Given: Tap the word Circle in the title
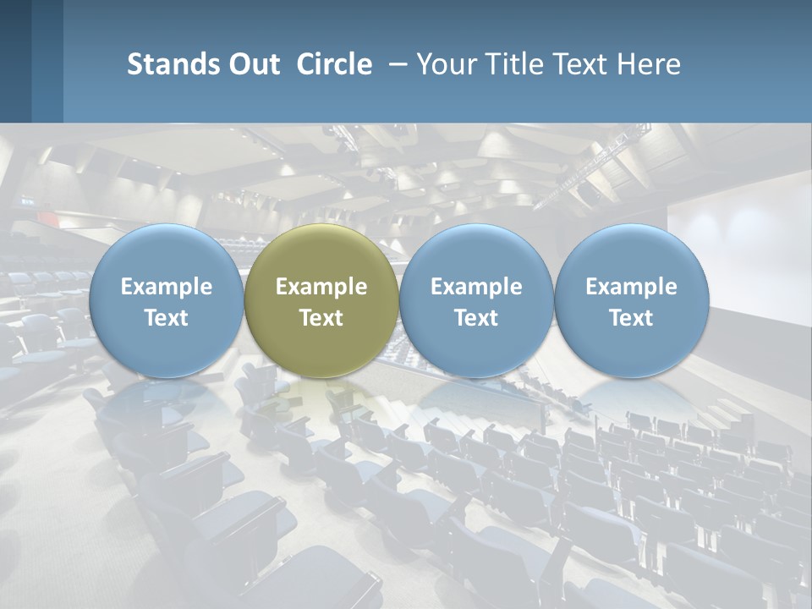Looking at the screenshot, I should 334,64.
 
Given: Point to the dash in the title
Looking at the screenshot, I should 395,64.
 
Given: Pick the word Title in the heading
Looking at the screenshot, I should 517,64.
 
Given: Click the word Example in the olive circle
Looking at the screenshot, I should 321,287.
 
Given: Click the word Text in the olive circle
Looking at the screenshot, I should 321,318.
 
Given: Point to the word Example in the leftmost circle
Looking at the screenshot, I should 166,287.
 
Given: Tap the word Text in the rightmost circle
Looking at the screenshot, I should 632,318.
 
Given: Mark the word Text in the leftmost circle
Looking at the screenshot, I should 166,318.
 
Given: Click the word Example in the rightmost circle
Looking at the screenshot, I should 632,287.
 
